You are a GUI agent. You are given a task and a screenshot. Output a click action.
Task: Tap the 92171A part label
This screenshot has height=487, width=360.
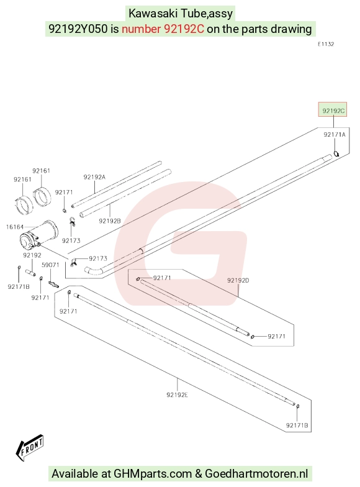pyautogui.click(x=334, y=134)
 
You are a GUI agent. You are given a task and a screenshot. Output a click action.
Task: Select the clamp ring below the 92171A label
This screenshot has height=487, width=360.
pyautogui.click(x=336, y=153)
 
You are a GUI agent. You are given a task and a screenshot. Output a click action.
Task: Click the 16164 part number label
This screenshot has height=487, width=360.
pyautogui.click(x=15, y=227)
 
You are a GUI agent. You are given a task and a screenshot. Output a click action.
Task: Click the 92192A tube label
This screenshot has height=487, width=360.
pyautogui.click(x=94, y=177)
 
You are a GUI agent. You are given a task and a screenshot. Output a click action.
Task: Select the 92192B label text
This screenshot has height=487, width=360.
pyautogui.click(x=109, y=221)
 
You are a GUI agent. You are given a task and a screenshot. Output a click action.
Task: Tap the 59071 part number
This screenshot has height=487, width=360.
pyautogui.click(x=50, y=265)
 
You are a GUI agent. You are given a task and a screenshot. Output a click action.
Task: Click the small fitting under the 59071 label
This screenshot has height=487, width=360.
pyautogui.click(x=53, y=284)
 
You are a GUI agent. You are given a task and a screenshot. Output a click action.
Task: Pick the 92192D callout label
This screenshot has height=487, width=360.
pyautogui.click(x=238, y=280)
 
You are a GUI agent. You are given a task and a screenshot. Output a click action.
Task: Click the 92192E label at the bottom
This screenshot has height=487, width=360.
pyautogui.click(x=178, y=395)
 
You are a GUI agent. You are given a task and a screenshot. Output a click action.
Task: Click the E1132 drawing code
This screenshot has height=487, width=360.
pyautogui.click(x=326, y=44)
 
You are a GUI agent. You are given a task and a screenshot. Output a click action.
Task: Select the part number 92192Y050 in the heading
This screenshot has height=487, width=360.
pyautogui.click(x=78, y=29)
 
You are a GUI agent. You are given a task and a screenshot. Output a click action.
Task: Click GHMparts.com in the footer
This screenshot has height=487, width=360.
pyautogui.click(x=153, y=473)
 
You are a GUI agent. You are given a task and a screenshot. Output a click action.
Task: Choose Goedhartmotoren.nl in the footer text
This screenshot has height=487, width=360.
pyautogui.click(x=256, y=473)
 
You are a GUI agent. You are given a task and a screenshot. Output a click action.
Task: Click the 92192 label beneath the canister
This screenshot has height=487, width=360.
pyautogui.click(x=32, y=255)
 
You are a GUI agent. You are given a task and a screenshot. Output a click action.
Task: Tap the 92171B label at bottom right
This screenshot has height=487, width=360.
pyautogui.click(x=297, y=425)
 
